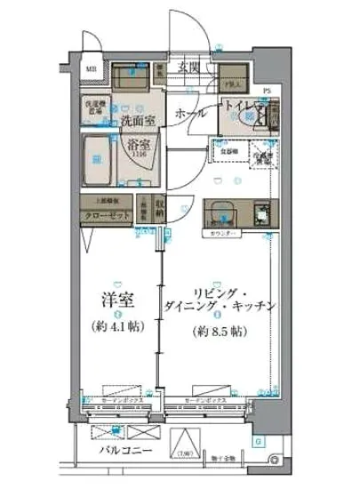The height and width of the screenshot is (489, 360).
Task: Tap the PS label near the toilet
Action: tap(268, 89)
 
